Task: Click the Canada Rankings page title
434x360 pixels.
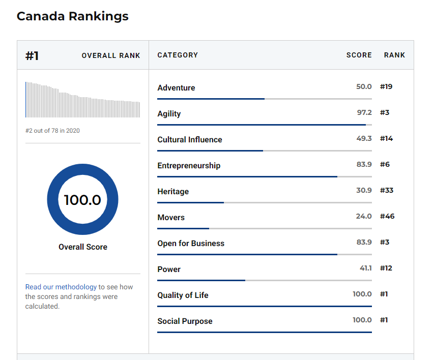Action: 73,16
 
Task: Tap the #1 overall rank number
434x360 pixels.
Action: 32,55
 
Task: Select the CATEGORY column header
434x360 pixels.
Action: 178,55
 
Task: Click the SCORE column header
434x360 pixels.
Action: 359,55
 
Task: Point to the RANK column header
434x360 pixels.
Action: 394,55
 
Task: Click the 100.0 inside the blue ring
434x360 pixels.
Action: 82,200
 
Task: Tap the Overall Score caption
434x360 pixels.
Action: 83,247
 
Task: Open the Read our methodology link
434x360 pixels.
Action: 61,287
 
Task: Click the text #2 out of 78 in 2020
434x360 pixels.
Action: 52,131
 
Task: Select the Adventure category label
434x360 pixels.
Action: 177,88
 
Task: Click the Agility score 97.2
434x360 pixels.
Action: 364,112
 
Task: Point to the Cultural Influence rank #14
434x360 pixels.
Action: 386,138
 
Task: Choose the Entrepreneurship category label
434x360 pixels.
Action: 189,165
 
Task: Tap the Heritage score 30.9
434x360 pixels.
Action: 364,190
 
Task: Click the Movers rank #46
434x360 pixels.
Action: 387,216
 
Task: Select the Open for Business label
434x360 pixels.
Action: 191,243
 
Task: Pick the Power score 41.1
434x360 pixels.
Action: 366,268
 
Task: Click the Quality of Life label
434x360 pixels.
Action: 183,295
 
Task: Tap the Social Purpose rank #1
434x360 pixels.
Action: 384,320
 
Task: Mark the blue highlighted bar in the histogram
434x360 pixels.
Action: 26,100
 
